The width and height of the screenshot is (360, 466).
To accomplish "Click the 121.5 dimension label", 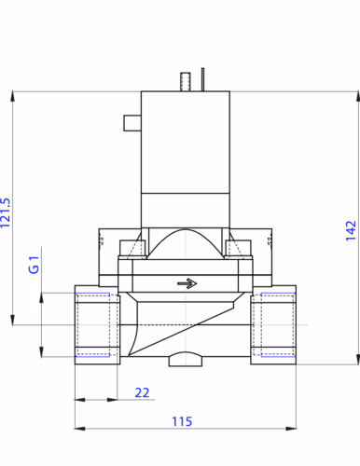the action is [x=6, y=213].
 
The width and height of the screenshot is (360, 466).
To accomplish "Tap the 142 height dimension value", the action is [x=351, y=231].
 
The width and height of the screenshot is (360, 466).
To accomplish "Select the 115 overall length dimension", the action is [x=182, y=421].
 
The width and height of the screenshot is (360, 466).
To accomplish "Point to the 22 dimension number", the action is [x=142, y=392].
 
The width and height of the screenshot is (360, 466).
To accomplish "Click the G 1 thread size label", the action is [x=34, y=265].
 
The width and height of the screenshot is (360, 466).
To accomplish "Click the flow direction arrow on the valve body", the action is [x=187, y=283].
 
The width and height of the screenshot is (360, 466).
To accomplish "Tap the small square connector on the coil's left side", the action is [x=132, y=123].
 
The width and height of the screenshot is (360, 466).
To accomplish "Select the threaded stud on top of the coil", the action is [x=186, y=82].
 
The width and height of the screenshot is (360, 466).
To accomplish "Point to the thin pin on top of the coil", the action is [x=202, y=79].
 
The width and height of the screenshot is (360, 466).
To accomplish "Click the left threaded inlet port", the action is [x=97, y=324].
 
